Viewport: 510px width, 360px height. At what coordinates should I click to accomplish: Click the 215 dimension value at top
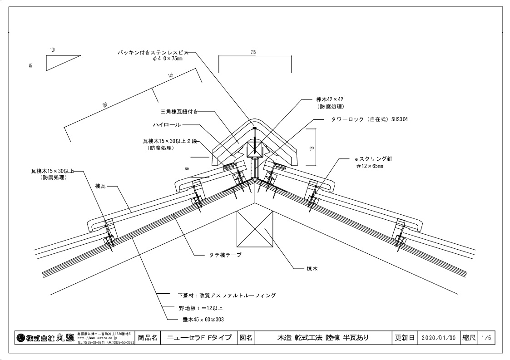click(253, 52)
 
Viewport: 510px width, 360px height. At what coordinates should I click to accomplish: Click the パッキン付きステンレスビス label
click(151, 53)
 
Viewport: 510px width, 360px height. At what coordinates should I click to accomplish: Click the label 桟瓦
click(100, 186)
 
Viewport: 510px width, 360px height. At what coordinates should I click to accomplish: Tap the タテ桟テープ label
click(222, 255)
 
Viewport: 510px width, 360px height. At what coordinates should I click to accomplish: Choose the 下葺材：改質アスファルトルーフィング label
click(227, 295)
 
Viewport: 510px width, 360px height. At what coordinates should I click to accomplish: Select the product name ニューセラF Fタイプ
click(199, 338)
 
